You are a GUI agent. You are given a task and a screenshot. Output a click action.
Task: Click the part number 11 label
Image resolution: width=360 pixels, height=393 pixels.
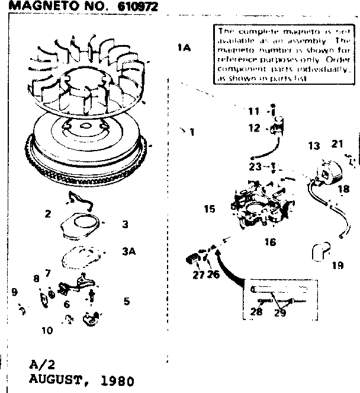coord(253,111)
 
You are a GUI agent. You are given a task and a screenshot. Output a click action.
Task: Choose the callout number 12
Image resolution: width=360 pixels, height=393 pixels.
coord(254,127)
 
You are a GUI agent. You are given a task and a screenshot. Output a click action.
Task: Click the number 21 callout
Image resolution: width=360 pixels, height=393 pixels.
coord(337,143)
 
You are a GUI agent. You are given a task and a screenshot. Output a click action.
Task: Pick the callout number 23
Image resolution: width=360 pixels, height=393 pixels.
coord(255,167)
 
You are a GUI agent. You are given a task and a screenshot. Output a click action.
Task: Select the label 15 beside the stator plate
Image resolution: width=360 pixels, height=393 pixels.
coord(209,209)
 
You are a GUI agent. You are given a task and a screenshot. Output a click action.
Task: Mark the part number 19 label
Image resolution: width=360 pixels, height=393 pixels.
coord(337,266)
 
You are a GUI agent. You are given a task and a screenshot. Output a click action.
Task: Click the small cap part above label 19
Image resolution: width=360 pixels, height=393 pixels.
coord(318,253)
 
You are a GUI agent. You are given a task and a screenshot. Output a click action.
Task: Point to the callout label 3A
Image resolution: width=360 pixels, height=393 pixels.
coord(129,251)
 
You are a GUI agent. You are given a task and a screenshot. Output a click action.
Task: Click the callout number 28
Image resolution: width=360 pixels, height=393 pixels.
coord(256,312)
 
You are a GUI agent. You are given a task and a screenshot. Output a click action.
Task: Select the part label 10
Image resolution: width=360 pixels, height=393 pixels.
coord(47,330)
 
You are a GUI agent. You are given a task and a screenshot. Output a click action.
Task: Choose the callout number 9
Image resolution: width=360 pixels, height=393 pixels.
coord(14,292)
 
